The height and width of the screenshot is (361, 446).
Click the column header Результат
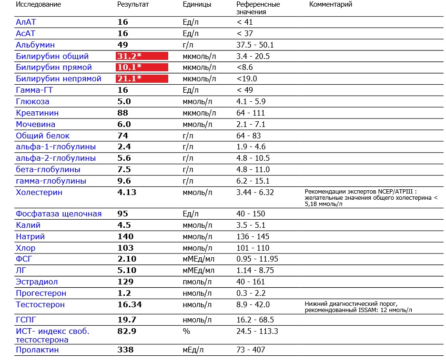click(x=133, y=5)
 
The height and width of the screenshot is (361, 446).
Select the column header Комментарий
click(x=331, y=5)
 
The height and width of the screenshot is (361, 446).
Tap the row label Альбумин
click(x=35, y=45)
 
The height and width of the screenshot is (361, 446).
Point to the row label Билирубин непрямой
click(x=59, y=79)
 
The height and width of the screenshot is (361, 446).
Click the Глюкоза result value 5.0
click(x=124, y=101)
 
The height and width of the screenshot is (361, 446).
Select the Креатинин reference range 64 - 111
click(x=251, y=113)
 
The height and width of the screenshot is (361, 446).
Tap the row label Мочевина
click(x=35, y=125)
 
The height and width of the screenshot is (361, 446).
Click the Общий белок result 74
click(x=123, y=136)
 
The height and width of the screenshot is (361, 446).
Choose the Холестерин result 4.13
click(x=127, y=193)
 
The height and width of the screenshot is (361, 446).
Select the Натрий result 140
click(x=125, y=236)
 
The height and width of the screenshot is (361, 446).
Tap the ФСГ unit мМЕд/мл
click(x=198, y=259)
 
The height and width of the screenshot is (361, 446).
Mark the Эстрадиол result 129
click(x=125, y=282)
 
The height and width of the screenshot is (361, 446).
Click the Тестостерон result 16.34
click(x=129, y=305)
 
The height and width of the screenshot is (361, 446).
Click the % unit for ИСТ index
click(x=186, y=331)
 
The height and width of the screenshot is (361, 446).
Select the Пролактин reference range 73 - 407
click(x=251, y=350)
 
